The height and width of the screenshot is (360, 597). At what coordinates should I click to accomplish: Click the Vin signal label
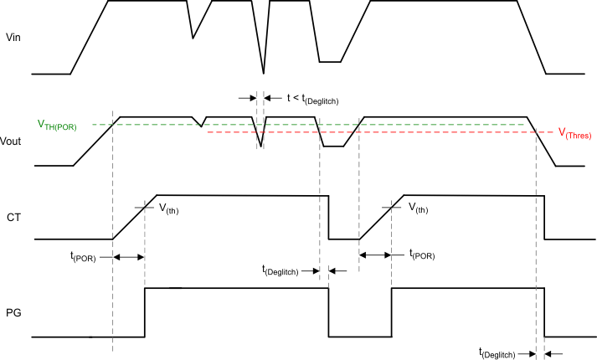click(13, 38)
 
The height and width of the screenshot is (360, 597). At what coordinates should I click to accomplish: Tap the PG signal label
click(13, 313)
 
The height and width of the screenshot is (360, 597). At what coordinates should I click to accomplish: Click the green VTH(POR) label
click(57, 125)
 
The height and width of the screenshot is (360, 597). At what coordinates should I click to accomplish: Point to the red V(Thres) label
click(575, 134)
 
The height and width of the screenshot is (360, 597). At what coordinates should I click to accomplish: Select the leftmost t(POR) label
click(83, 257)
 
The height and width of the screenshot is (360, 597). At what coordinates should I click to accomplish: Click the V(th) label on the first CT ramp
click(167, 209)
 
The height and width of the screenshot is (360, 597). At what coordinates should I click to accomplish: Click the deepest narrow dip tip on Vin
click(264, 73)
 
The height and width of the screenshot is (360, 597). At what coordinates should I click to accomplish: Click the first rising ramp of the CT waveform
click(134, 218)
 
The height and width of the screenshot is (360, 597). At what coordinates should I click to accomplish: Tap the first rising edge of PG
click(146, 312)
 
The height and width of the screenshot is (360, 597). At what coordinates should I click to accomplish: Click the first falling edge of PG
click(328, 312)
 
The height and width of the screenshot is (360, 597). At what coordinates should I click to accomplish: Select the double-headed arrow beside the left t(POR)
click(129, 257)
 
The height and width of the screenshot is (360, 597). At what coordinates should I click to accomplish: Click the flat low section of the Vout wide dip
click(333, 147)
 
